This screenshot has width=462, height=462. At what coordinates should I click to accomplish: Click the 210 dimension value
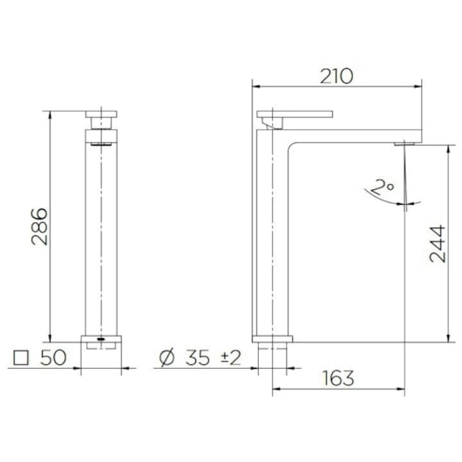(x=336, y=76)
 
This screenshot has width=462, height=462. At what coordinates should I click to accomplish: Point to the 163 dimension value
(x=339, y=378)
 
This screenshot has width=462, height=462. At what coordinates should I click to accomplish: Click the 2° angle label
(x=381, y=187)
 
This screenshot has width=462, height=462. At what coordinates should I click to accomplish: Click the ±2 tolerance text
(x=230, y=358)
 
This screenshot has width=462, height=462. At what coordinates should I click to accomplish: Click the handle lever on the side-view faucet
(x=296, y=114)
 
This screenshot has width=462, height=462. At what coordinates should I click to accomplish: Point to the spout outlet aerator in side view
(x=404, y=142)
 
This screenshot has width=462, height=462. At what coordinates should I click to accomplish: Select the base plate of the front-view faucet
(x=103, y=337)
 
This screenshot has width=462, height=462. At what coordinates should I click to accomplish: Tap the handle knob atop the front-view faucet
(x=103, y=115)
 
